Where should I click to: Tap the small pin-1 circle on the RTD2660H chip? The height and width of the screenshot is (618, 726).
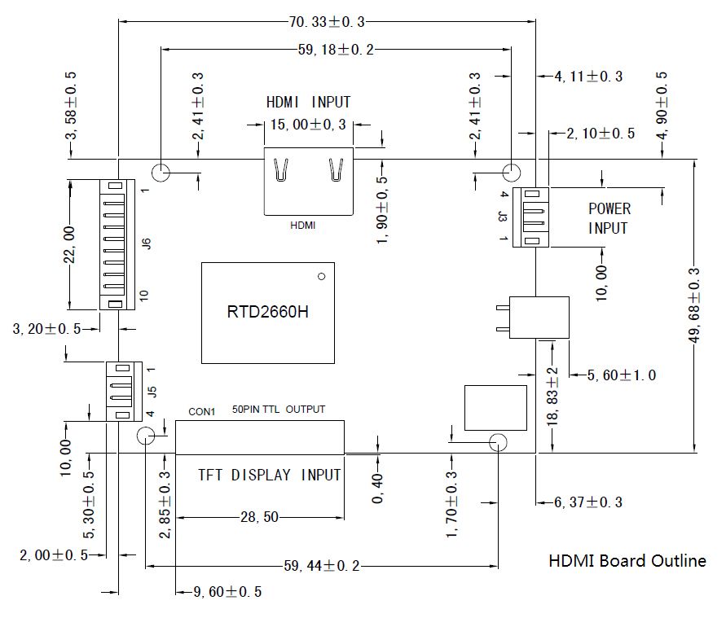pyautogui.click(x=322, y=277)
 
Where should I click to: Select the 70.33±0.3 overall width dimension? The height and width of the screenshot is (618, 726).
pyautogui.click(x=326, y=21)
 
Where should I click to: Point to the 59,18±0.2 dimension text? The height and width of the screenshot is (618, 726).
pyautogui.click(x=336, y=50)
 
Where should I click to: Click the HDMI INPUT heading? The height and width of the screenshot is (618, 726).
pyautogui.click(x=309, y=103)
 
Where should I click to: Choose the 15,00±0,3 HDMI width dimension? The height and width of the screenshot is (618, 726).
pyautogui.click(x=302, y=125)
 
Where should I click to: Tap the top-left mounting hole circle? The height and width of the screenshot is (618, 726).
pyautogui.click(x=161, y=173)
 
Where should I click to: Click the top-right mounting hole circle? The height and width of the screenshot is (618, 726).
pyautogui.click(x=511, y=173)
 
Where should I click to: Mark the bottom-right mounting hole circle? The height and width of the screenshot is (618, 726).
pyautogui.click(x=498, y=443)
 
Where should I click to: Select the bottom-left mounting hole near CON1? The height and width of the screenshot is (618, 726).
pyautogui.click(x=146, y=435)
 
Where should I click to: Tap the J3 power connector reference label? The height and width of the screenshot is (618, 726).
pyautogui.click(x=504, y=217)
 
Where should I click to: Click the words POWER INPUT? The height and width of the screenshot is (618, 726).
pyautogui.click(x=609, y=218)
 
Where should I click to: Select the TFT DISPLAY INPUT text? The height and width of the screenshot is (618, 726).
pyautogui.click(x=270, y=475)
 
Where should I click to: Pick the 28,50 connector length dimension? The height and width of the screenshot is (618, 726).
pyautogui.click(x=261, y=517)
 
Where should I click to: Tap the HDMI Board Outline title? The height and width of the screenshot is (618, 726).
pyautogui.click(x=627, y=560)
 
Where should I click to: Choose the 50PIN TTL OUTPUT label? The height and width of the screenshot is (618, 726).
pyautogui.click(x=279, y=409)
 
